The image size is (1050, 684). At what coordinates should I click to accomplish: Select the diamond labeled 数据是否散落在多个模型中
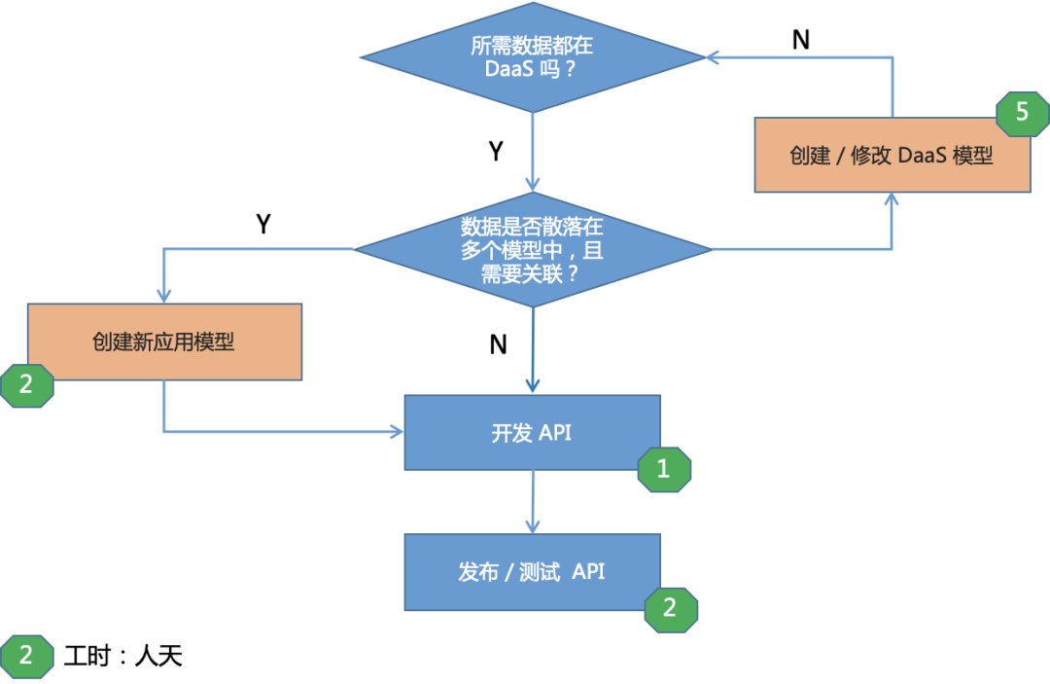pos(532,249)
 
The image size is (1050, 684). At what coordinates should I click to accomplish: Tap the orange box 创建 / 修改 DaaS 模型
pos(892,156)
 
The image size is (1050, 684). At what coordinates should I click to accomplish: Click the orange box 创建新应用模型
pos(164,342)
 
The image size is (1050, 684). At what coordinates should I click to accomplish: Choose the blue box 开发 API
pos(532,433)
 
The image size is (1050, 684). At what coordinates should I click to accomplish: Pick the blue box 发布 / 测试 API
pos(532,572)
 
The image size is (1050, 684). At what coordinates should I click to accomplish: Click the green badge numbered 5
pos(1022,113)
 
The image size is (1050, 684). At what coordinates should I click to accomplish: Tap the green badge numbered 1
pos(664,469)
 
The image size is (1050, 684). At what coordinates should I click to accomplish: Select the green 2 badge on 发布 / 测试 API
pos(671,608)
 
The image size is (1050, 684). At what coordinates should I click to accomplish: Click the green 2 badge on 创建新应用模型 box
pos(25,384)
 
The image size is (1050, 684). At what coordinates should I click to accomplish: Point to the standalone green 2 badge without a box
pos(25,655)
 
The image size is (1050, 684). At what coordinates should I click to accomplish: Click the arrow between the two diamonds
pos(532,151)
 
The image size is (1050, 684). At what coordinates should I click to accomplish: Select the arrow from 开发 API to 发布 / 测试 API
pos(532,501)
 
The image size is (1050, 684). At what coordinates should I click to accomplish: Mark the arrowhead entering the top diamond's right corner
pos(713,58)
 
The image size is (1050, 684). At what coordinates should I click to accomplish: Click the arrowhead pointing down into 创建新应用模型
pos(163,294)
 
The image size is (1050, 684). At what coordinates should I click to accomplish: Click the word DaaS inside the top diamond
pos(510,71)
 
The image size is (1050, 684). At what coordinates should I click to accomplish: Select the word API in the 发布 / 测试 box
pos(588,572)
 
